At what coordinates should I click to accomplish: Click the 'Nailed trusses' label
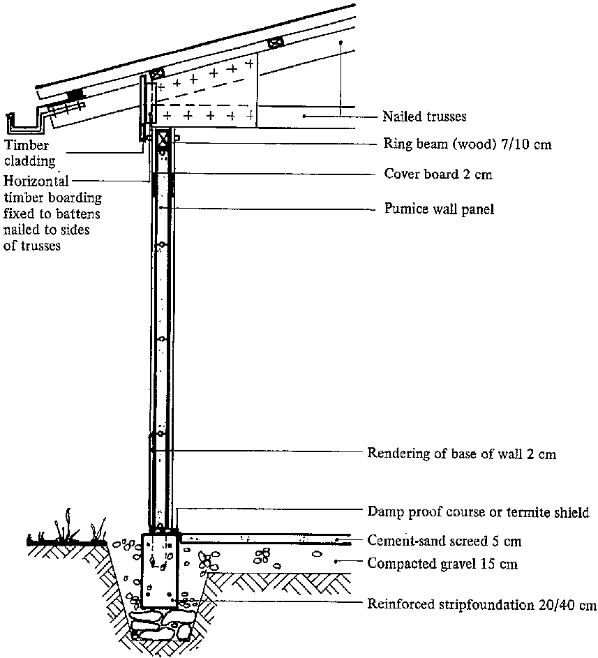coord(424,116)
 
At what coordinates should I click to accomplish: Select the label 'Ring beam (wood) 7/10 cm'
coord(468,145)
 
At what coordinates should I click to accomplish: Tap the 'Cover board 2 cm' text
coord(438,174)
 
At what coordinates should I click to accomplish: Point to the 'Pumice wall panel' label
coord(440,209)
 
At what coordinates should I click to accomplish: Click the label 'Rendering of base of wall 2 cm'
coord(461,454)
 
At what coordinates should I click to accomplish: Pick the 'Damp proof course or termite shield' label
coord(478,512)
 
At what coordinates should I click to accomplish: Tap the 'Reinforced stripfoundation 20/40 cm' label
coord(481,604)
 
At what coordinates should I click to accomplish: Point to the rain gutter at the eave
coord(28,124)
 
